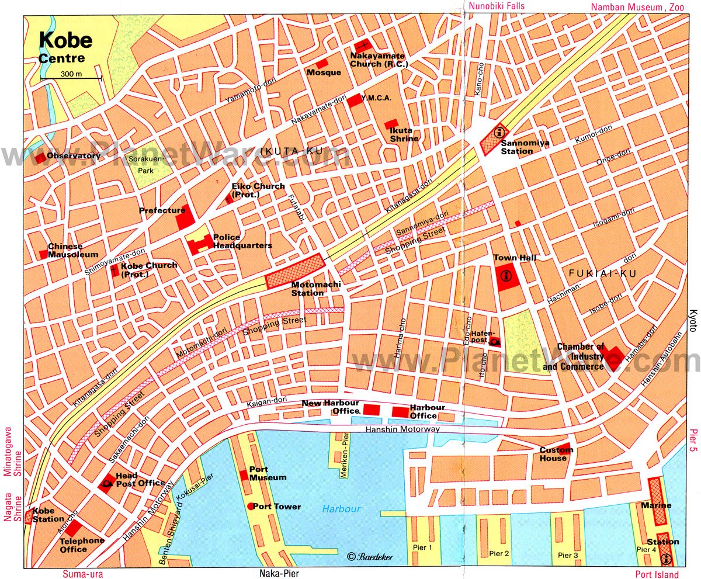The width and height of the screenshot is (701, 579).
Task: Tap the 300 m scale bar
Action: (71, 77)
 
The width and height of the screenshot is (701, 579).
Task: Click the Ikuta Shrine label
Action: (404, 134)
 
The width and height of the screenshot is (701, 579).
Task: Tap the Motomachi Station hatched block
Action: (294, 272)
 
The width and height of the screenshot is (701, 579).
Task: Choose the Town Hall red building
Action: (505, 278)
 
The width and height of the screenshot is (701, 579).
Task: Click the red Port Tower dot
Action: (251, 506)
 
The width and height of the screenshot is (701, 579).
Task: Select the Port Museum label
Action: (268, 473)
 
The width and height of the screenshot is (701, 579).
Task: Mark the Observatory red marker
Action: (40, 158)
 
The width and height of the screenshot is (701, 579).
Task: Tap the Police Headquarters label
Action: (242, 241)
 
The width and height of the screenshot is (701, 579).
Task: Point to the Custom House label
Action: (556, 454)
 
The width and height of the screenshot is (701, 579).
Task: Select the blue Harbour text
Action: (341, 509)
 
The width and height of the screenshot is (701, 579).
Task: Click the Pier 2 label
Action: (499, 553)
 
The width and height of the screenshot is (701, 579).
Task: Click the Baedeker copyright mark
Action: (370, 557)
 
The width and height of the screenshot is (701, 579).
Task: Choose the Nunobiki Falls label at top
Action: (496, 6)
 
